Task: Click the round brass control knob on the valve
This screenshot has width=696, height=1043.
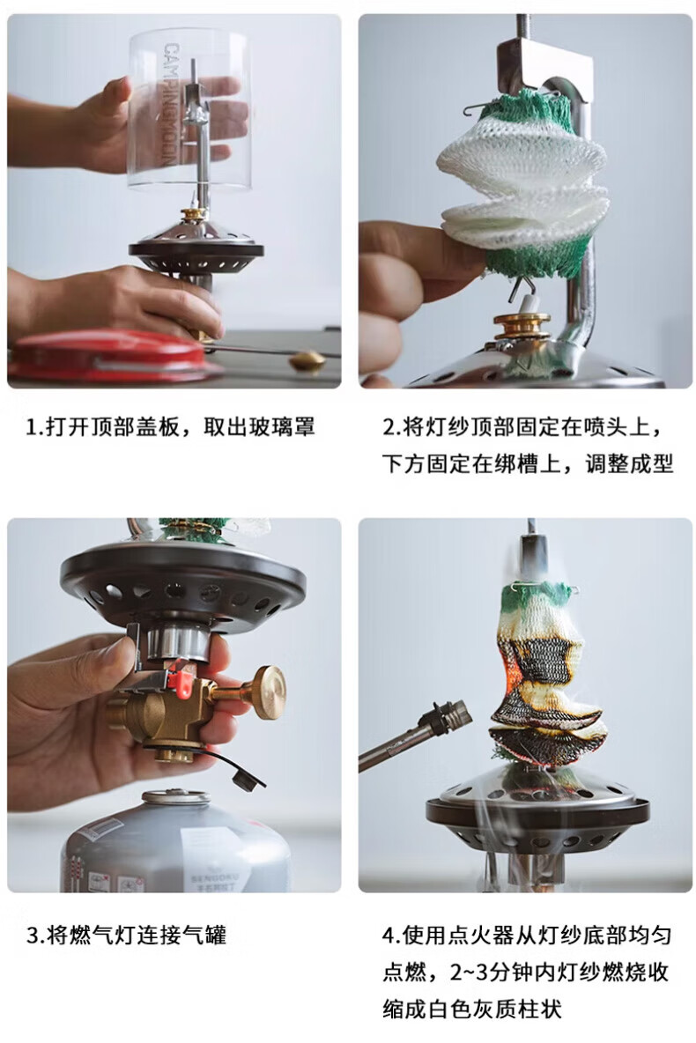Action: (267, 692)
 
